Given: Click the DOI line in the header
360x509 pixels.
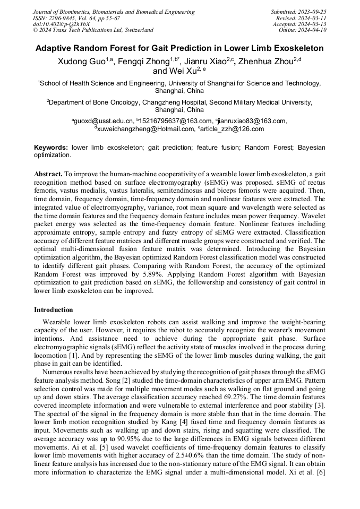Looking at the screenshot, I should tap(61, 24).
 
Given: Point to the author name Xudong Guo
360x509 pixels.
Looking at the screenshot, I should tap(81, 62).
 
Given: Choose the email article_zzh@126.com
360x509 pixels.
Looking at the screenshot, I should tap(233, 129).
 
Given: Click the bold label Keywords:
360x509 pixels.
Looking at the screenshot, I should tap(51, 147).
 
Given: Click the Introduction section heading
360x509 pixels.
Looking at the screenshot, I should tap(54, 310).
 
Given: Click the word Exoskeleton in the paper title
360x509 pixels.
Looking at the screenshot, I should tap(293, 48).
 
